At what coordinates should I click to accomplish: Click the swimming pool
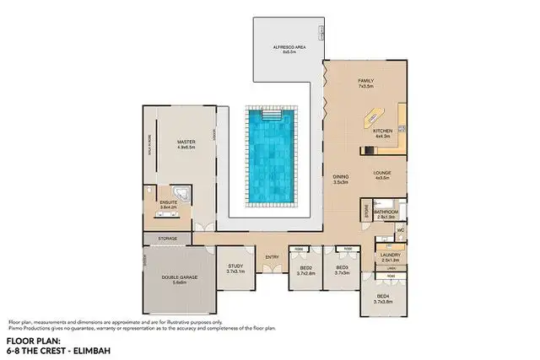coord(269,157)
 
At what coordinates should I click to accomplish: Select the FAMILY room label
coord(365,81)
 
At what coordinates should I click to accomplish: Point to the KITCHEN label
coord(383,132)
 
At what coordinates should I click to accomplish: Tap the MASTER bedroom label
coord(186,142)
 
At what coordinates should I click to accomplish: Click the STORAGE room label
coord(168,239)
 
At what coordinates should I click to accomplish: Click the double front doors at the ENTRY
coord(271,268)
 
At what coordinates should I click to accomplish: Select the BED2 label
coord(306,269)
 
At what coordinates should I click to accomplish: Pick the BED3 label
coord(342,269)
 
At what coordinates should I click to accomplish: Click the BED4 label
coord(383,298)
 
